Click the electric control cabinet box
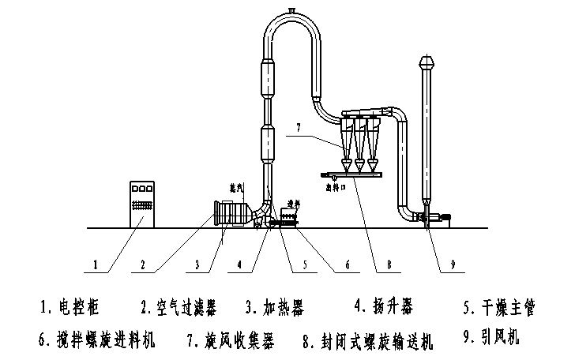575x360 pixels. pyautogui.click(x=143, y=204)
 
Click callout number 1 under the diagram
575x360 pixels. pyautogui.click(x=96, y=266)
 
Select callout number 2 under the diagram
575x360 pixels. pyautogui.click(x=144, y=266)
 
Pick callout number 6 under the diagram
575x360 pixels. pyautogui.click(x=345, y=266)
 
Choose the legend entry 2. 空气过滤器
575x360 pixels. pyautogui.click(x=179, y=305)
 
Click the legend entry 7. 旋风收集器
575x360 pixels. pyautogui.click(x=230, y=340)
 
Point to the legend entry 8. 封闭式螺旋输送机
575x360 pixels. pyautogui.click(x=368, y=340)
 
